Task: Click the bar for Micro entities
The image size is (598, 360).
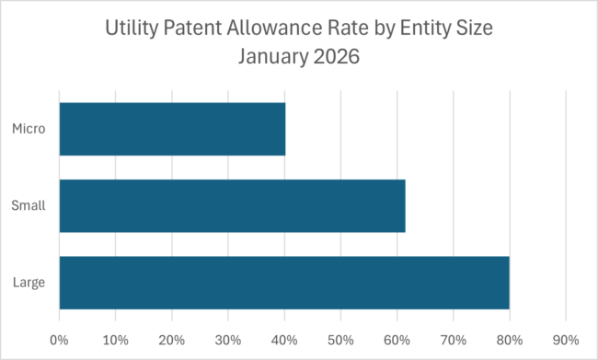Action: click(x=172, y=128)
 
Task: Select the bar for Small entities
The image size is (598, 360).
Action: click(x=232, y=205)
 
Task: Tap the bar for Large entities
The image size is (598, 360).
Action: click(x=284, y=283)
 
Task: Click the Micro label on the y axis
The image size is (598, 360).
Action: click(x=29, y=128)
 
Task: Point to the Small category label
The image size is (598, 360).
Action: click(x=29, y=205)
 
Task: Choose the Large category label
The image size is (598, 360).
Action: click(x=29, y=283)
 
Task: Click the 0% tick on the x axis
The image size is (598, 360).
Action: click(x=59, y=338)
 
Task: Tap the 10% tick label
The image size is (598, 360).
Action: click(x=115, y=338)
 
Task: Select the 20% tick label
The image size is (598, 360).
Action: click(x=172, y=338)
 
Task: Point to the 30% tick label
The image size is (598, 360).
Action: click(x=228, y=338)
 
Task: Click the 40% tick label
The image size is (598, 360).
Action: click(x=284, y=338)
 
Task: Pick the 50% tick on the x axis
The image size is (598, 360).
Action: click(x=340, y=338)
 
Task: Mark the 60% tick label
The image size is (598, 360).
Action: click(x=397, y=338)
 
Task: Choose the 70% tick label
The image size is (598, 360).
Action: click(x=453, y=338)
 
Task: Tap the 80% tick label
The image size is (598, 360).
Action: click(x=510, y=338)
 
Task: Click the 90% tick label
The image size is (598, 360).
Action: click(x=566, y=338)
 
